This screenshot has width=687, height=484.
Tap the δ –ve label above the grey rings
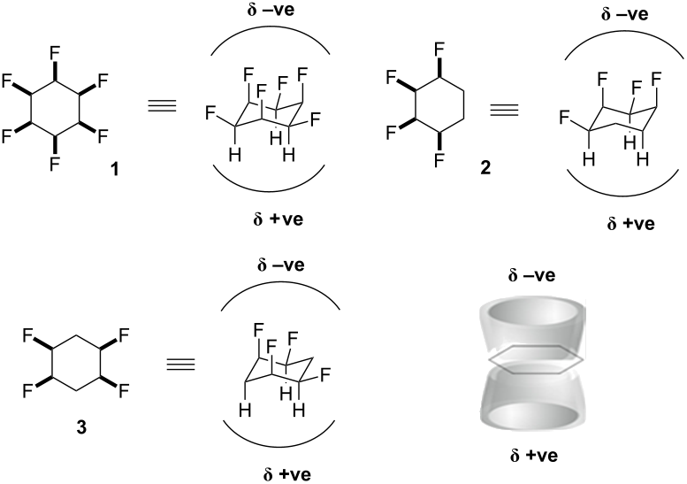(531, 276)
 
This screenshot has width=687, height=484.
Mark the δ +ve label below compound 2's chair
(630, 223)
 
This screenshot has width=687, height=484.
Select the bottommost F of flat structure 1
(55, 163)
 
